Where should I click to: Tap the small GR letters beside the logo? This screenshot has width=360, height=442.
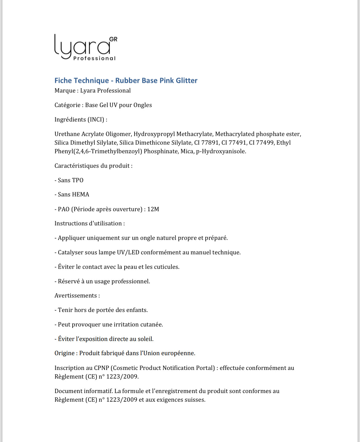pyautogui.click(x=113, y=39)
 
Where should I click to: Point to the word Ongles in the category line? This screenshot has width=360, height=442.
pyautogui.click(x=142, y=105)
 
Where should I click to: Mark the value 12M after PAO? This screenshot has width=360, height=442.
pyautogui.click(x=153, y=209)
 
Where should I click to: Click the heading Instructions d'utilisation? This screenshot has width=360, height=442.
pyautogui.click(x=90, y=224)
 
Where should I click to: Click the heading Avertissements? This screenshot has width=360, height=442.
pyautogui.click(x=77, y=296)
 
